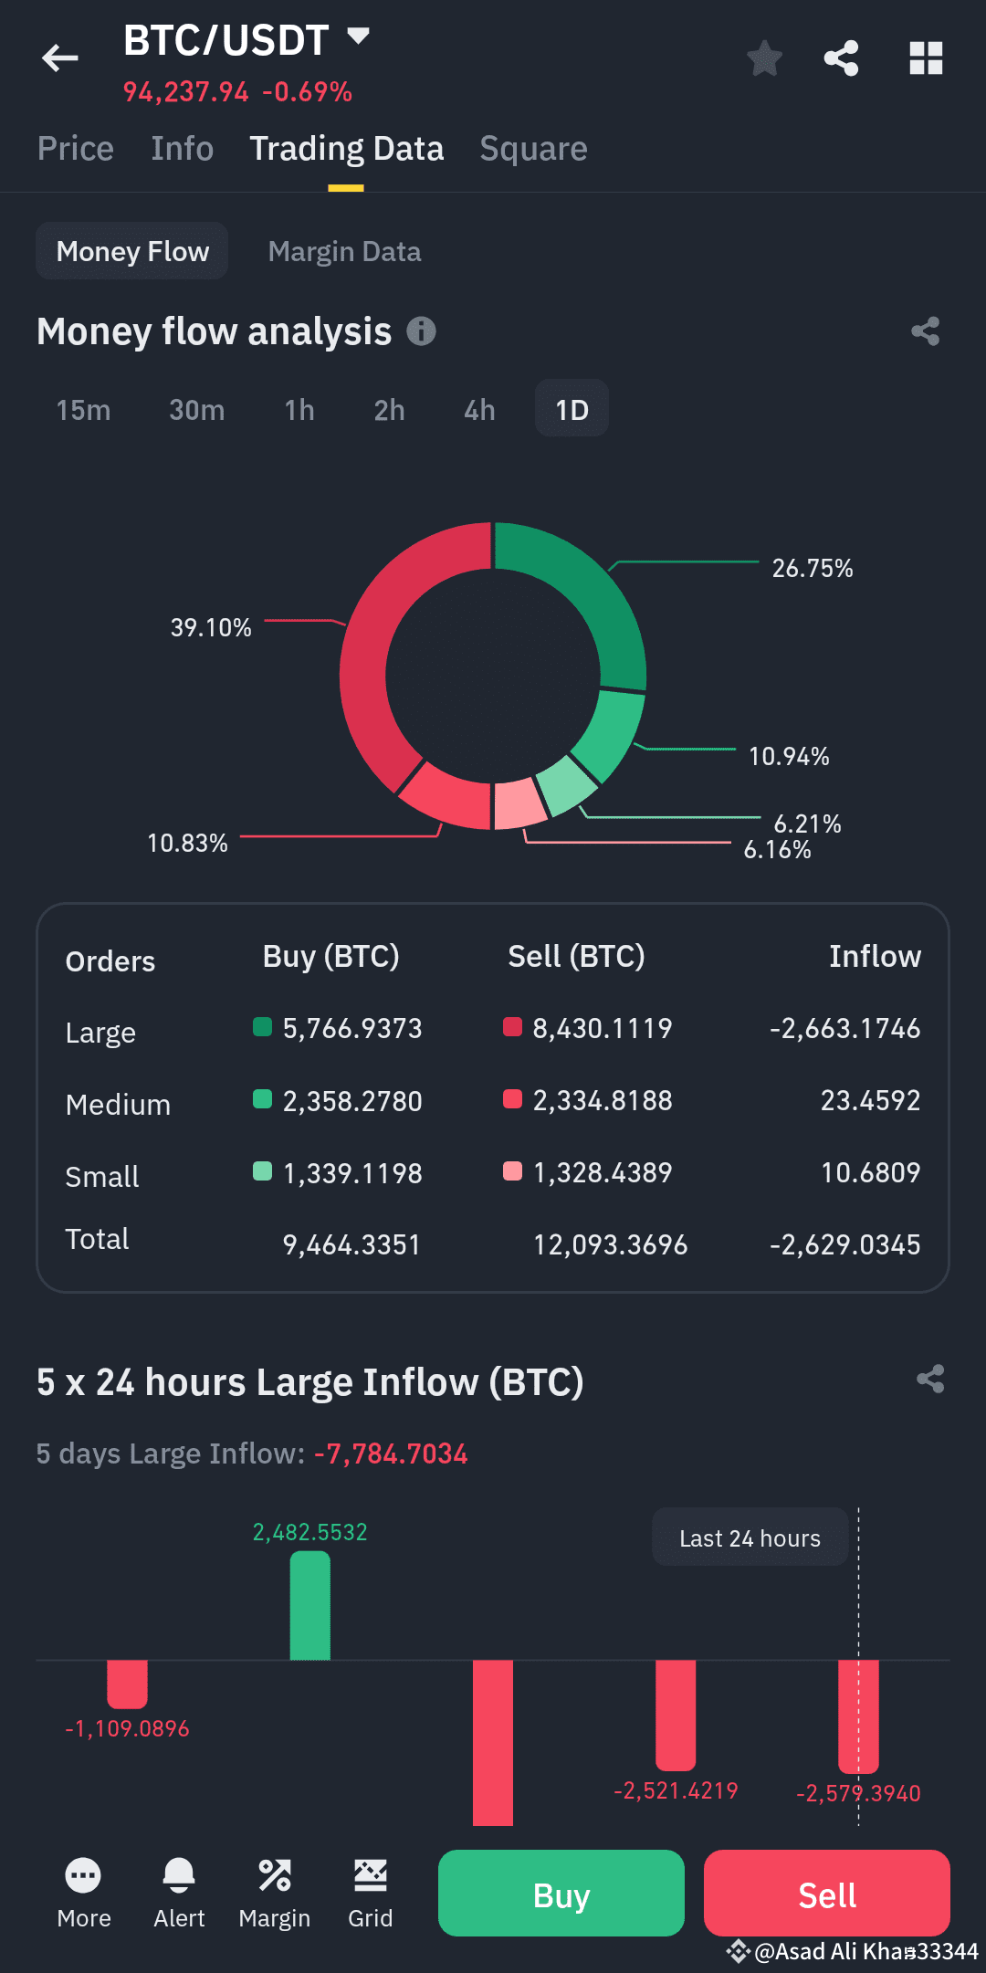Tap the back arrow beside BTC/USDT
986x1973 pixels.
pos(60,58)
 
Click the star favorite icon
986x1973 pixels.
pos(764,58)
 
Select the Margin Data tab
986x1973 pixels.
pos(344,251)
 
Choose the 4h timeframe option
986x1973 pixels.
pos(479,410)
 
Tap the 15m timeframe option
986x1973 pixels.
pos(83,410)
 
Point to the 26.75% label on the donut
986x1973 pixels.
pos(812,568)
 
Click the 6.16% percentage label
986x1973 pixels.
pos(777,850)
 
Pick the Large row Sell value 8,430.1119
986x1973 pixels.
pos(602,1029)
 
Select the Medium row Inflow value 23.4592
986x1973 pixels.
pos(870,1101)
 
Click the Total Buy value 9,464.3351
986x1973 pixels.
pos(351,1245)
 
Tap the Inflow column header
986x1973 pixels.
pos(875,957)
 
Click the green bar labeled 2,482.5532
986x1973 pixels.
pos(309,1606)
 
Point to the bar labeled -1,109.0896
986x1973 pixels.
pos(127,1683)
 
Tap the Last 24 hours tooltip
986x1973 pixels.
pos(750,1538)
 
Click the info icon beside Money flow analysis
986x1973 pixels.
pos(421,331)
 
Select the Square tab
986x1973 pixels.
pos(533,149)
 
